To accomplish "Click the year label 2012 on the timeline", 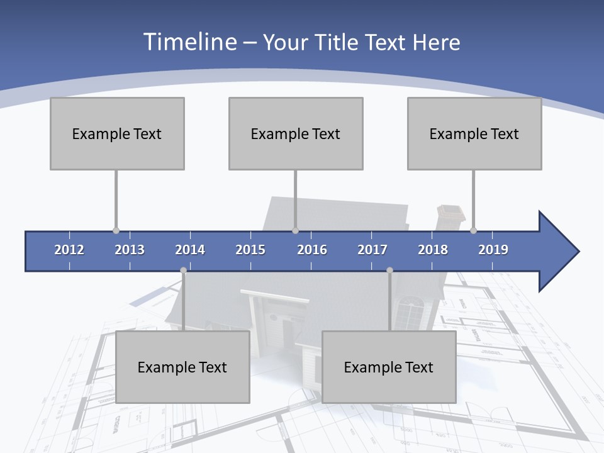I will pos(69,250).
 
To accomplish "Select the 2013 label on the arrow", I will pos(130,250).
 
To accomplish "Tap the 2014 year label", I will pos(190,250).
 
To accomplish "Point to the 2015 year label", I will pos(250,250).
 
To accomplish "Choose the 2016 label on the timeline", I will pos(312,250).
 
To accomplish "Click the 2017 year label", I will pos(372,250).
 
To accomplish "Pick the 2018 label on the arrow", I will pos(433,250).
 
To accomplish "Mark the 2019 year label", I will pos(493,250).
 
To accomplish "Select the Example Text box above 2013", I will pos(117,133).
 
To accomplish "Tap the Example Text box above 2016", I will pos(296,133).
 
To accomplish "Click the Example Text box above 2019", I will pos(474,133).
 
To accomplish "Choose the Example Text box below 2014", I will pos(182,367).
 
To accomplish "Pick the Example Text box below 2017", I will pos(389,367).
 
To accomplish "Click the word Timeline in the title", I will pos(189,42).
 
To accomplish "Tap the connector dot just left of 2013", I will pos(116,231).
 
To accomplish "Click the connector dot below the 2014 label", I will pos(183,271).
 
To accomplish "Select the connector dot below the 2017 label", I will pos(389,271).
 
